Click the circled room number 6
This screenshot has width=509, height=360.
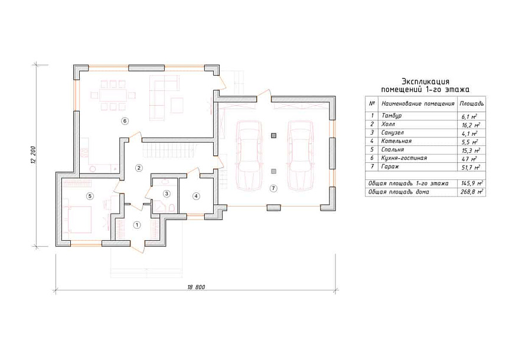point(125,121)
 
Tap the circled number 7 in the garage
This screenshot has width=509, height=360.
point(273,188)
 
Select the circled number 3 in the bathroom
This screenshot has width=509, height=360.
point(166,194)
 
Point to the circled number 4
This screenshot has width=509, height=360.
point(195,196)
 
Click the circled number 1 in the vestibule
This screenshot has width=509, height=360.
point(138,225)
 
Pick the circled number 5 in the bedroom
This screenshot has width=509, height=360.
point(90,196)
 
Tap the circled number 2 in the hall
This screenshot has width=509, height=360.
point(139,168)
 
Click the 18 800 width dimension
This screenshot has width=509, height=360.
point(197,287)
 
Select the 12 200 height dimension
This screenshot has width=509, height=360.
point(34,155)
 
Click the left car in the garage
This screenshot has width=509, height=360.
point(249,156)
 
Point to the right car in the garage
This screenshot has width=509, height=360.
point(301,156)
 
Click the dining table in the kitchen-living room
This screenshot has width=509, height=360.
point(113,96)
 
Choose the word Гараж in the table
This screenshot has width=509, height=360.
point(390,166)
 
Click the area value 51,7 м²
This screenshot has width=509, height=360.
point(471,168)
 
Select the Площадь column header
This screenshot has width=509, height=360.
point(472,104)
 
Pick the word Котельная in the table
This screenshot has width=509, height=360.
point(396,141)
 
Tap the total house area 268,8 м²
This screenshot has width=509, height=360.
point(472,192)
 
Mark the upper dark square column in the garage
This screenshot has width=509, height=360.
point(273,136)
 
